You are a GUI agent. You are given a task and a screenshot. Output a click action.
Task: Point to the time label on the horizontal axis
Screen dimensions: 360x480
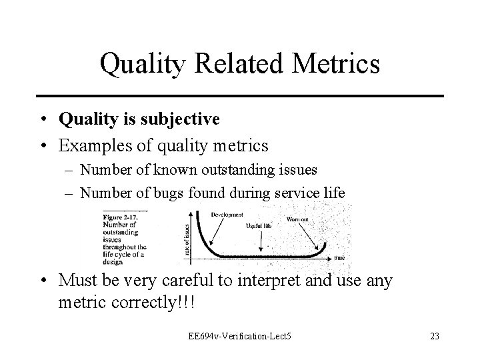click(x=339, y=257)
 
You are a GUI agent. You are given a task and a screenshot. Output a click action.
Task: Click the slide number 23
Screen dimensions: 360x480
click(x=435, y=336)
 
